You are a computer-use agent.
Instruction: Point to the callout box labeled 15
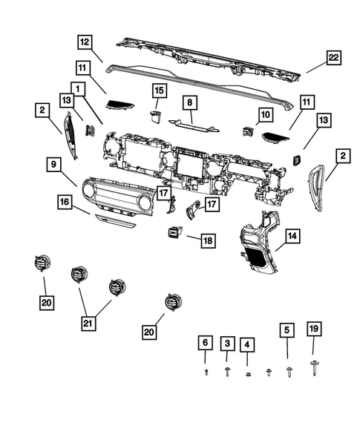[159, 91]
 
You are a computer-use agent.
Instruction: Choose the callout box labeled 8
[189, 103]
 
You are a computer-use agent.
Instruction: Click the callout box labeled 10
[266, 114]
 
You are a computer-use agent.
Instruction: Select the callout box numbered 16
[66, 201]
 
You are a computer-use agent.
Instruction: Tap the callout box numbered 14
[292, 237]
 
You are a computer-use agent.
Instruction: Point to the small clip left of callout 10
[248, 132]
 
